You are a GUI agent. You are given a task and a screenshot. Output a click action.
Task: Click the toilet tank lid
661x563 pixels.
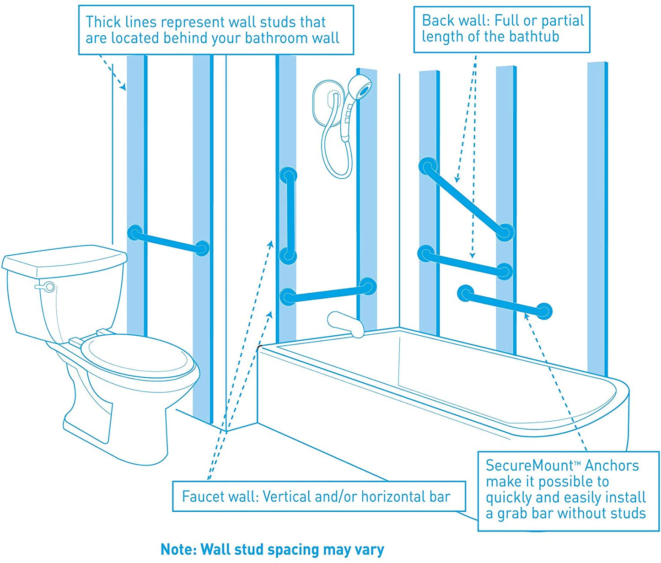coord(64,259)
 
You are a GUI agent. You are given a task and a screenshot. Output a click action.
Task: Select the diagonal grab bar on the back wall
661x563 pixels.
coord(467,199)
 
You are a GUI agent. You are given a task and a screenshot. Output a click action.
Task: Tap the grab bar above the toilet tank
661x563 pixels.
coord(168,241)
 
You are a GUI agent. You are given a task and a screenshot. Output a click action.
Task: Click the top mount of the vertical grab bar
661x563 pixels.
coord(288,176)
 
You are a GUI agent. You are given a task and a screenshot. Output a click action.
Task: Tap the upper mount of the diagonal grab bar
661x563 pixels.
coord(428,166)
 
